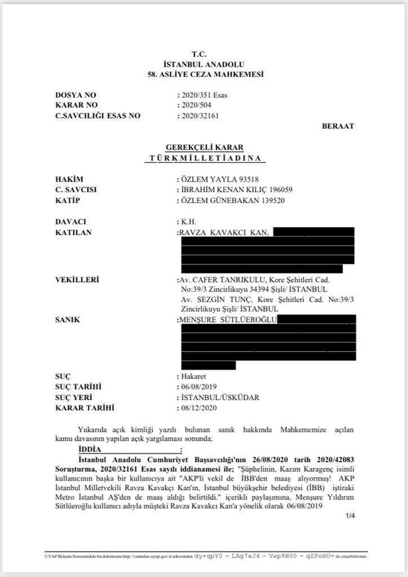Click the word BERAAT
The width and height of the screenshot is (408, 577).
pos(338,126)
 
